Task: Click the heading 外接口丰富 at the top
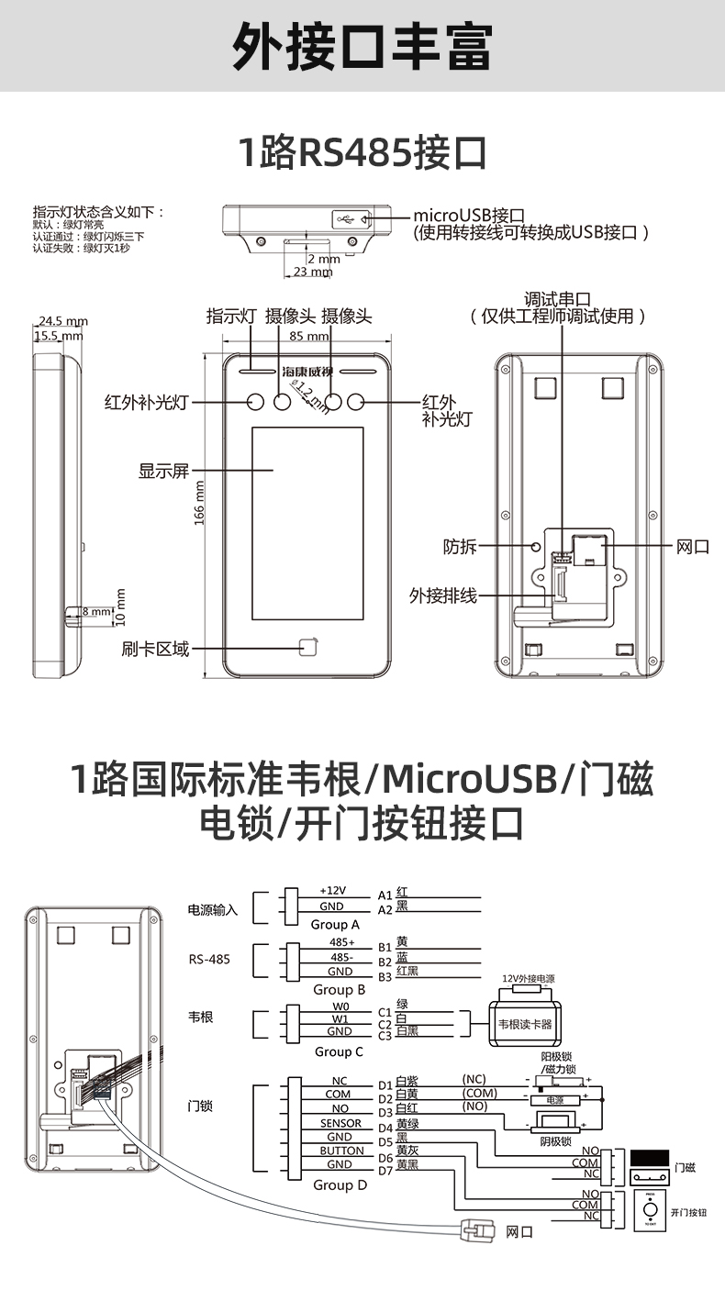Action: coord(362,46)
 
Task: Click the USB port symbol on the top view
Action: coord(346,219)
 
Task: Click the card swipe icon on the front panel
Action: coord(309,648)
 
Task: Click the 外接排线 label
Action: coord(443,596)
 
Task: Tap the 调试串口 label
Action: coord(556,300)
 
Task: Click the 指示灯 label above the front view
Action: coord(230,317)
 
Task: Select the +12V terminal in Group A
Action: coord(332,891)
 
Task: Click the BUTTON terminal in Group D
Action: coord(341,1151)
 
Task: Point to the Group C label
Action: coord(339,1052)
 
